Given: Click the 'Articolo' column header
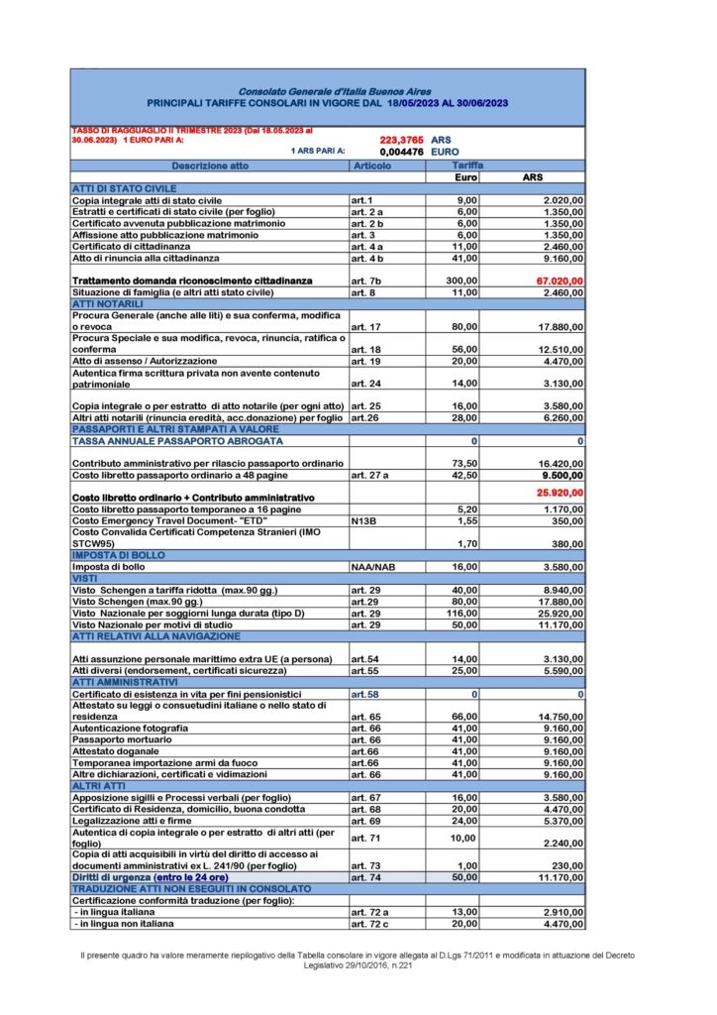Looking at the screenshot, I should coord(372,166).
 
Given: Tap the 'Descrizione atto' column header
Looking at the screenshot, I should coord(209,166).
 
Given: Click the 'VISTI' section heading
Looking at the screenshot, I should coord(86,576).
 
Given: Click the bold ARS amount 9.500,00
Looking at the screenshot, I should coord(562,475).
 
